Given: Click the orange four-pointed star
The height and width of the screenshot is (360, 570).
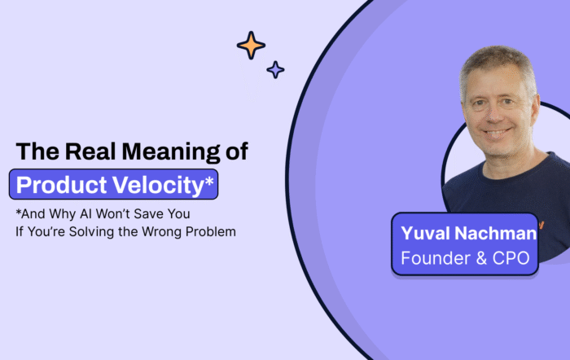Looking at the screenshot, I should (251, 45).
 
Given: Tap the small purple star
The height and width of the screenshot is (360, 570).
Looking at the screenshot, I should (276, 70).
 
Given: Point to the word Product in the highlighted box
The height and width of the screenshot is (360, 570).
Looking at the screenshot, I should (62, 185).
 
